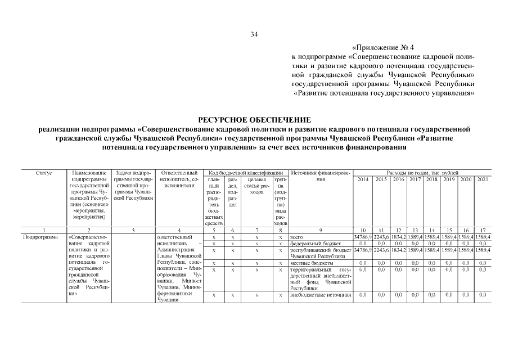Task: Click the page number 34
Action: tap(254, 35)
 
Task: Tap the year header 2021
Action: tap(483, 179)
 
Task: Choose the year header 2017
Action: tap(415, 179)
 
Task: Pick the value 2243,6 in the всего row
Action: tap(381, 237)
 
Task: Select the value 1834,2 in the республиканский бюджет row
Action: tap(398, 250)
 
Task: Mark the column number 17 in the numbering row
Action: tap(483, 230)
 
